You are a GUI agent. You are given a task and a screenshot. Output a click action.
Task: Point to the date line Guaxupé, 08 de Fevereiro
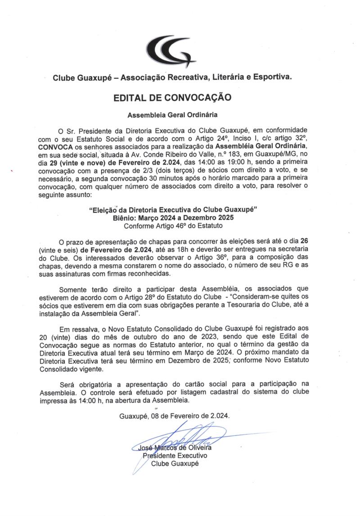pos(175,416)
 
